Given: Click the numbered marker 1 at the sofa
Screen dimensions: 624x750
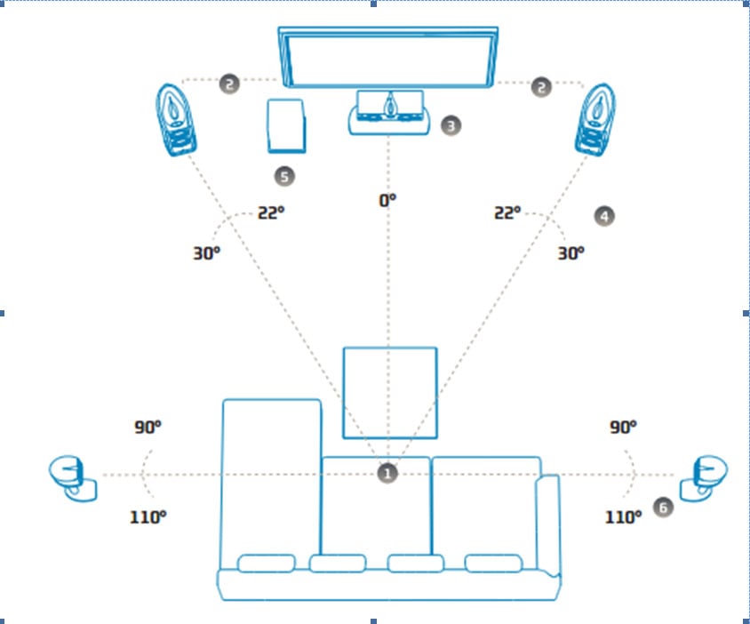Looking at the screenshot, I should click(387, 474).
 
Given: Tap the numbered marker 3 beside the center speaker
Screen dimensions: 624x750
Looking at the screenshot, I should click(451, 125).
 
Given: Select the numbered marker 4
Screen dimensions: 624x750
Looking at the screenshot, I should click(604, 215).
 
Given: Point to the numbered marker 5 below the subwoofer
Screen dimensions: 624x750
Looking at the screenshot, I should click(284, 177).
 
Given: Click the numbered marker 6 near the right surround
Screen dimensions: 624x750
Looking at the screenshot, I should click(662, 507).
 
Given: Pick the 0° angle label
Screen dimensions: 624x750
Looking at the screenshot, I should click(387, 201).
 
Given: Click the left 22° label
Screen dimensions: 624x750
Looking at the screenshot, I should click(271, 213).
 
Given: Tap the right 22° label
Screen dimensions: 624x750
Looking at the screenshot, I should click(507, 213).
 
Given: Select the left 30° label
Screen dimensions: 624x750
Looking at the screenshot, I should click(205, 252).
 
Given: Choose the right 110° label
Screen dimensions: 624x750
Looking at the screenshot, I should click(624, 516).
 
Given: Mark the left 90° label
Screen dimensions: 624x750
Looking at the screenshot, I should click(148, 427).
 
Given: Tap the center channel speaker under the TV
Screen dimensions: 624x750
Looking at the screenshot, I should click(388, 113).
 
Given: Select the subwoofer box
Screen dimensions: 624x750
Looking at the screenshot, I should click(285, 125).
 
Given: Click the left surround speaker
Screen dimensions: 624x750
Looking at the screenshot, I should click(74, 476).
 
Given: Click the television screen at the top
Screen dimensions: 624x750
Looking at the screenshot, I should click(387, 55).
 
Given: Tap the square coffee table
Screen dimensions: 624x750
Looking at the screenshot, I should click(390, 392).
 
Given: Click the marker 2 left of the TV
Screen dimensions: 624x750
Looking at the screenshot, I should click(230, 84).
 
